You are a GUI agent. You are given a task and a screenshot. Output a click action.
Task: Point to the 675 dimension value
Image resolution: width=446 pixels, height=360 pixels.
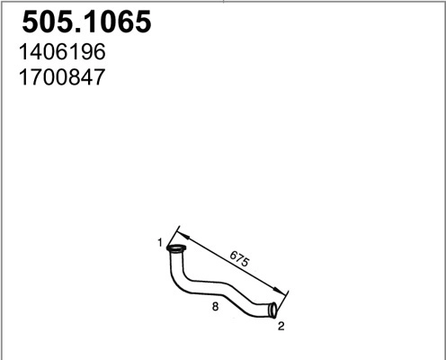[x=239, y=258]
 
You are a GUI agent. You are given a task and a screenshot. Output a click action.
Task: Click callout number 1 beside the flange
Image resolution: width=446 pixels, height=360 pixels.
[x=159, y=243]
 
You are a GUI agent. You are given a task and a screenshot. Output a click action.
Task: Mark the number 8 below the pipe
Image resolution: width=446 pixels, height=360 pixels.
[x=214, y=306]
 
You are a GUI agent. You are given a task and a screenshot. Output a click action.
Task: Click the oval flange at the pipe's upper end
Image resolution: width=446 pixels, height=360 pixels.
[x=176, y=249]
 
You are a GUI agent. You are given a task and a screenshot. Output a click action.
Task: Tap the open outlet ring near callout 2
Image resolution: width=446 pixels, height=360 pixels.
[x=273, y=310]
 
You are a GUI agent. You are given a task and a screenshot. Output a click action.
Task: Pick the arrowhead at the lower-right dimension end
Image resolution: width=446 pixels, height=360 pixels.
[x=287, y=292]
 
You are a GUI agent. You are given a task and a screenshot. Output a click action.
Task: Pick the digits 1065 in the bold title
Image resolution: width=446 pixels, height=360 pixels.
[x=111, y=22]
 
